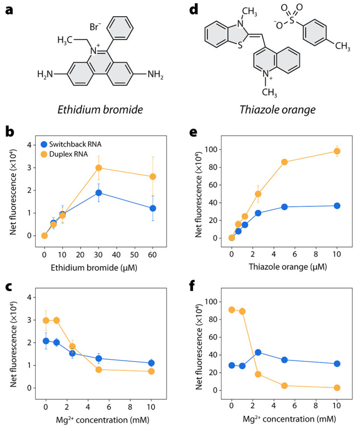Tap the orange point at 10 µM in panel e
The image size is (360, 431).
coord(337,151)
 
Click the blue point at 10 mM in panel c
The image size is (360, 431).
coord(151,363)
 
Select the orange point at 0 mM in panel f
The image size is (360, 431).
coord(231,310)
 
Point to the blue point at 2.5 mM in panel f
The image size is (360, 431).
coord(258,353)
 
